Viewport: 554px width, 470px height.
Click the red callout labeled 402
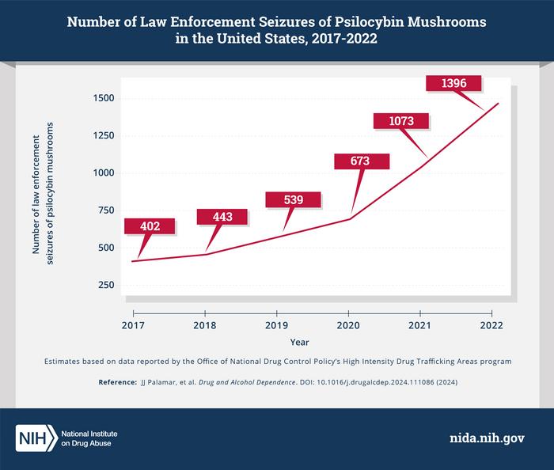point(150,226)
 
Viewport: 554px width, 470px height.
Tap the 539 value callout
point(293,199)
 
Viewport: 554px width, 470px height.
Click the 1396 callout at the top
point(453,83)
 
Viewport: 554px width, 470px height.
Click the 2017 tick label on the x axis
point(133,326)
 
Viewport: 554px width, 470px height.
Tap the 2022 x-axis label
point(491,326)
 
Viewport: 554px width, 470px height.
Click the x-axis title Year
point(299,343)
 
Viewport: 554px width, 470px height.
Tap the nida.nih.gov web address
point(484,438)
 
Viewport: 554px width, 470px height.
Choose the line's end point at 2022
point(499,103)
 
